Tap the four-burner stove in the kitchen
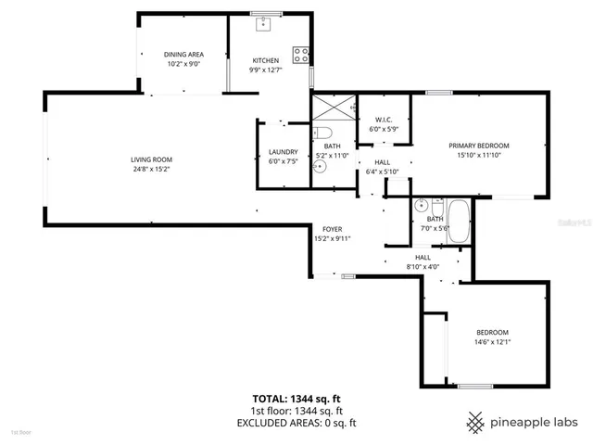click(301, 55)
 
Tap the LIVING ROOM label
click(151, 159)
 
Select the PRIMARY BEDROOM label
click(479, 146)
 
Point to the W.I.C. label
click(385, 120)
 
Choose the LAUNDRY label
click(283, 152)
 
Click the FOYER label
click(332, 228)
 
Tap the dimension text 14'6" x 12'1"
click(493, 341)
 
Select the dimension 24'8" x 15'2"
click(151, 169)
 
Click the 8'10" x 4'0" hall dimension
click(423, 267)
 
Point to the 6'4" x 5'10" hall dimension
click(382, 171)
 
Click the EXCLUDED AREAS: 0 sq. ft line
click(296, 423)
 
